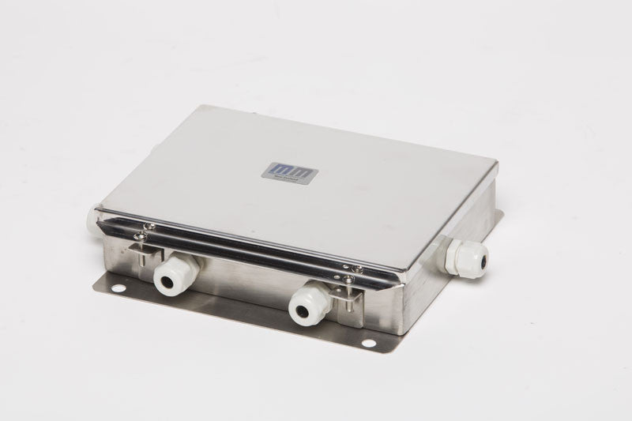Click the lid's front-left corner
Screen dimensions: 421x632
point(97,209)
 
